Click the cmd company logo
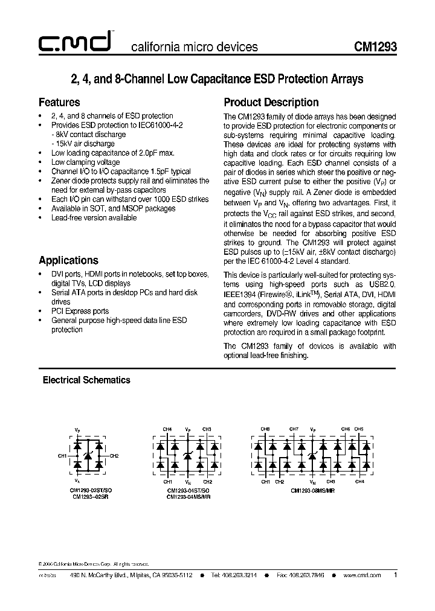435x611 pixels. [x=73, y=42]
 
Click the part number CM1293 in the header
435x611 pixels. [x=375, y=46]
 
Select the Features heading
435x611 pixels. [x=59, y=102]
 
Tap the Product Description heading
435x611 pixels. [x=271, y=102]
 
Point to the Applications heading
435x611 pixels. [x=68, y=261]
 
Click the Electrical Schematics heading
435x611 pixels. [x=86, y=380]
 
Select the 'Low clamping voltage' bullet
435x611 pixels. [x=85, y=162]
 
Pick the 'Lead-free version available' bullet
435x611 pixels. [x=94, y=218]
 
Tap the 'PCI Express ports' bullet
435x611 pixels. [x=80, y=311]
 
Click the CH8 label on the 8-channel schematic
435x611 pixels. [x=265, y=429]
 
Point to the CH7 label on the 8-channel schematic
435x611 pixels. [x=294, y=429]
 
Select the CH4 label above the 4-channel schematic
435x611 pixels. [x=167, y=429]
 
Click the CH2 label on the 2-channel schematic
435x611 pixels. [x=115, y=455]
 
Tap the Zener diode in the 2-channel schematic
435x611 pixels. [x=88, y=455]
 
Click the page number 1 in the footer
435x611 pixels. [x=395, y=575]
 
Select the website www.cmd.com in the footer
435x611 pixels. [x=362, y=576]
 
